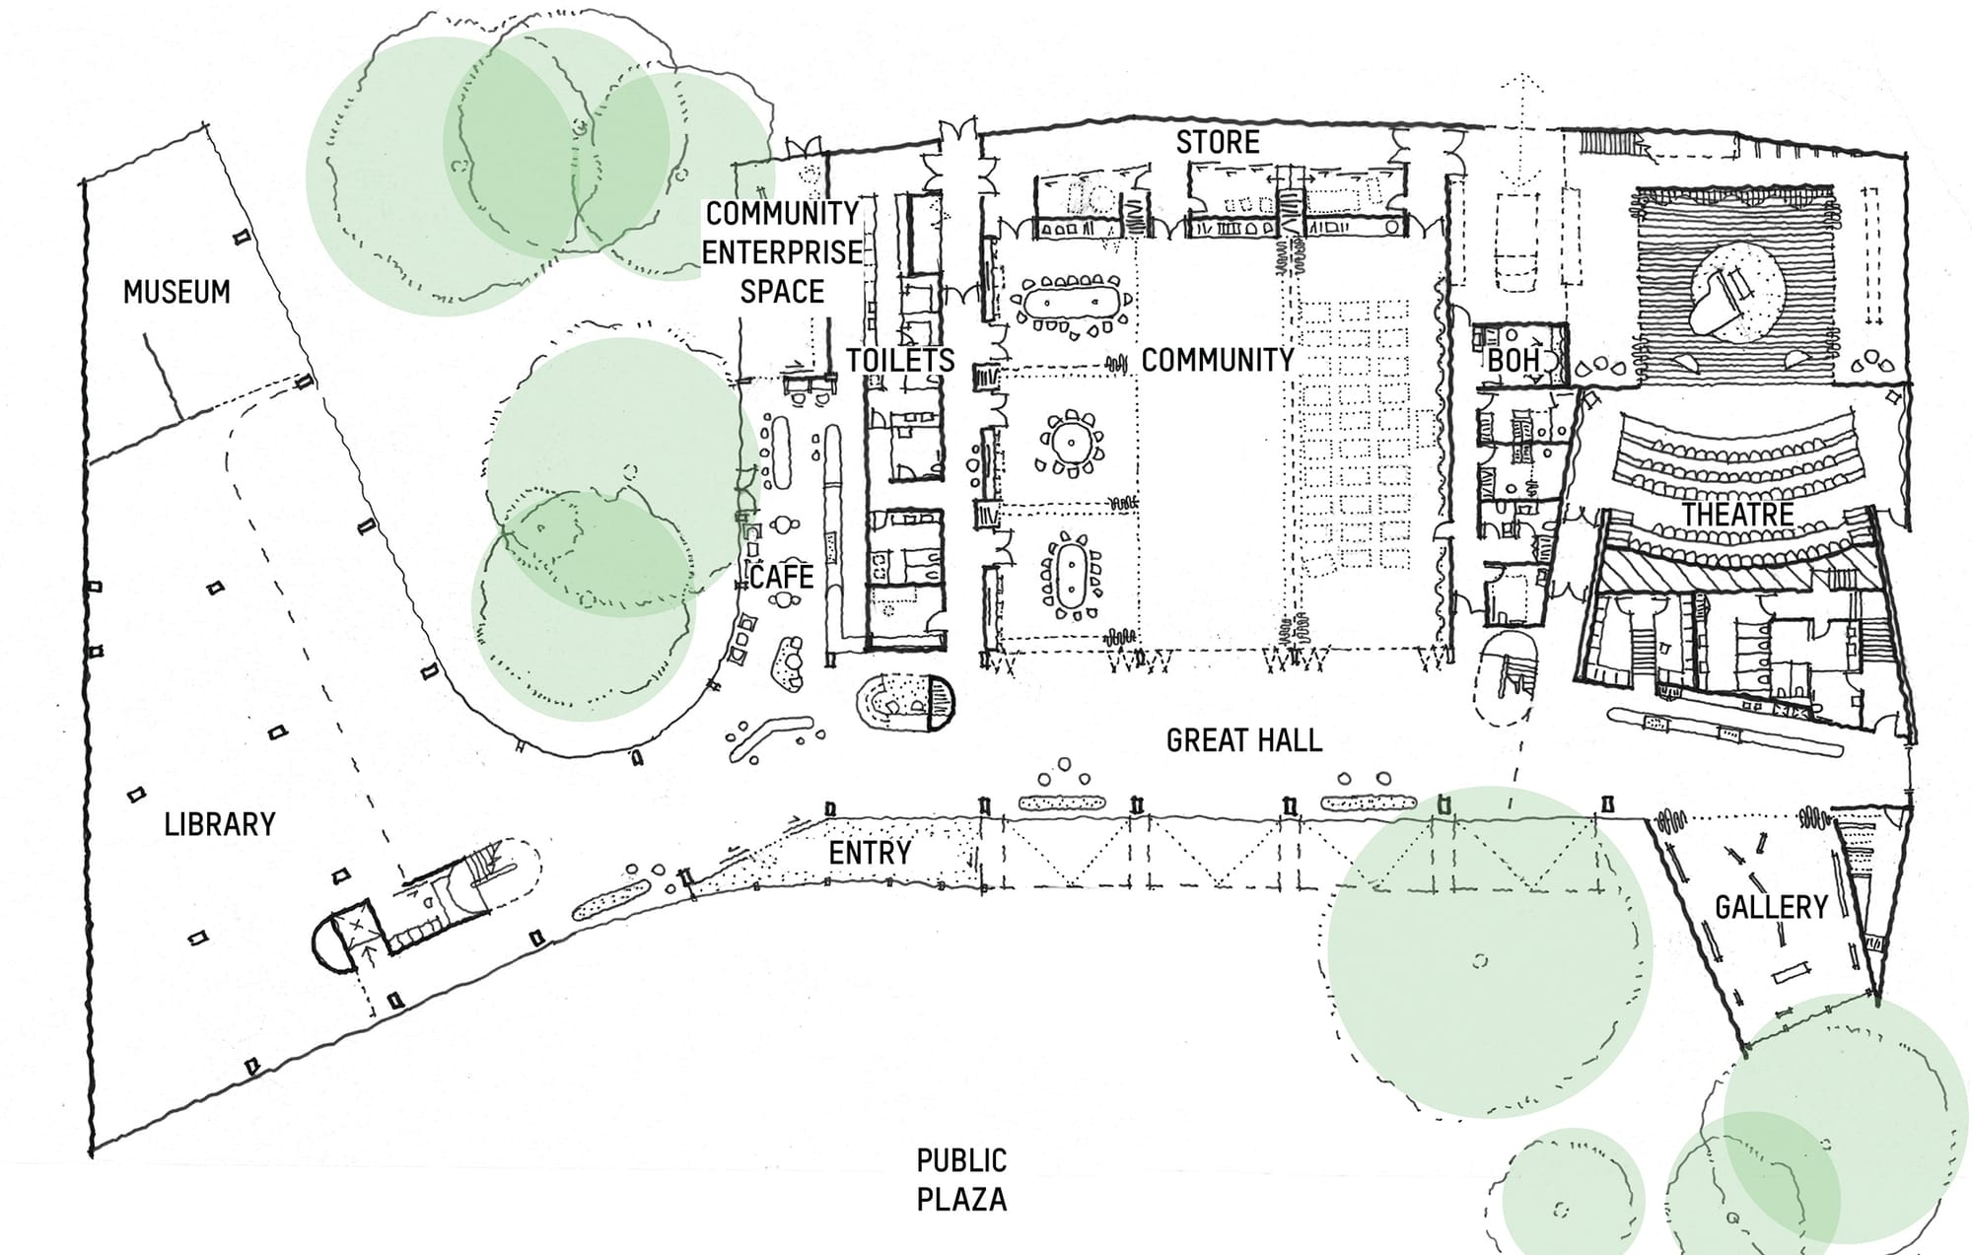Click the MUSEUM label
pos(176,292)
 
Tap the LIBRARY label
pos(219,824)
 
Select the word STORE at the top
pos(1218,142)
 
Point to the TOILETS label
pos(900,360)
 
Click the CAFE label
pos(781,577)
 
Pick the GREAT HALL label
pos(1243,740)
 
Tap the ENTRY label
pos(869,853)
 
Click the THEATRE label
pos(1737,514)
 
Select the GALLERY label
pos(1771,907)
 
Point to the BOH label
pos(1513,361)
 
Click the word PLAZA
pos(961,1200)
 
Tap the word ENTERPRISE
pos(782,252)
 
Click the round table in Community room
pos(1070,441)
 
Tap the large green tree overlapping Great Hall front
pos(1488,951)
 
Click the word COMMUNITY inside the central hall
pos(1217,360)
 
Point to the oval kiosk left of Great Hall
pos(906,702)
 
